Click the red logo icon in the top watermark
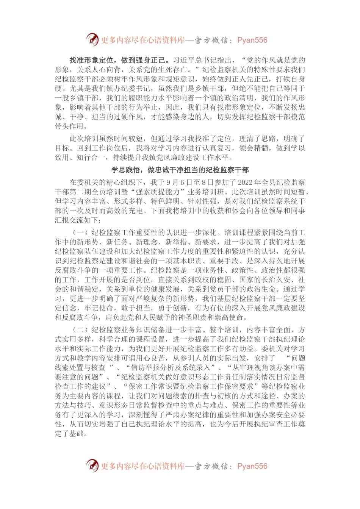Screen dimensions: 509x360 tap(92, 39)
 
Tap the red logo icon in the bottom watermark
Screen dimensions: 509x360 tap(92, 465)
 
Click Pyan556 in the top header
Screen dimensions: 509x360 tap(252, 40)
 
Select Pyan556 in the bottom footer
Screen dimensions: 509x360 tap(252, 466)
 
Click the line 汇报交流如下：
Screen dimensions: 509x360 tap(78, 220)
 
